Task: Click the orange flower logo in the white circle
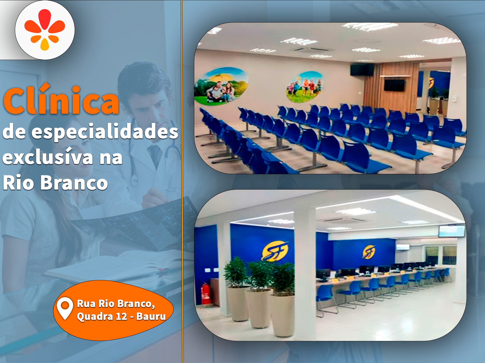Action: tap(45, 30)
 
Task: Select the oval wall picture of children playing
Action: tap(304, 87)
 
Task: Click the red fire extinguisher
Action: tap(205, 294)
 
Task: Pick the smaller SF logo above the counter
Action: tap(368, 252)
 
